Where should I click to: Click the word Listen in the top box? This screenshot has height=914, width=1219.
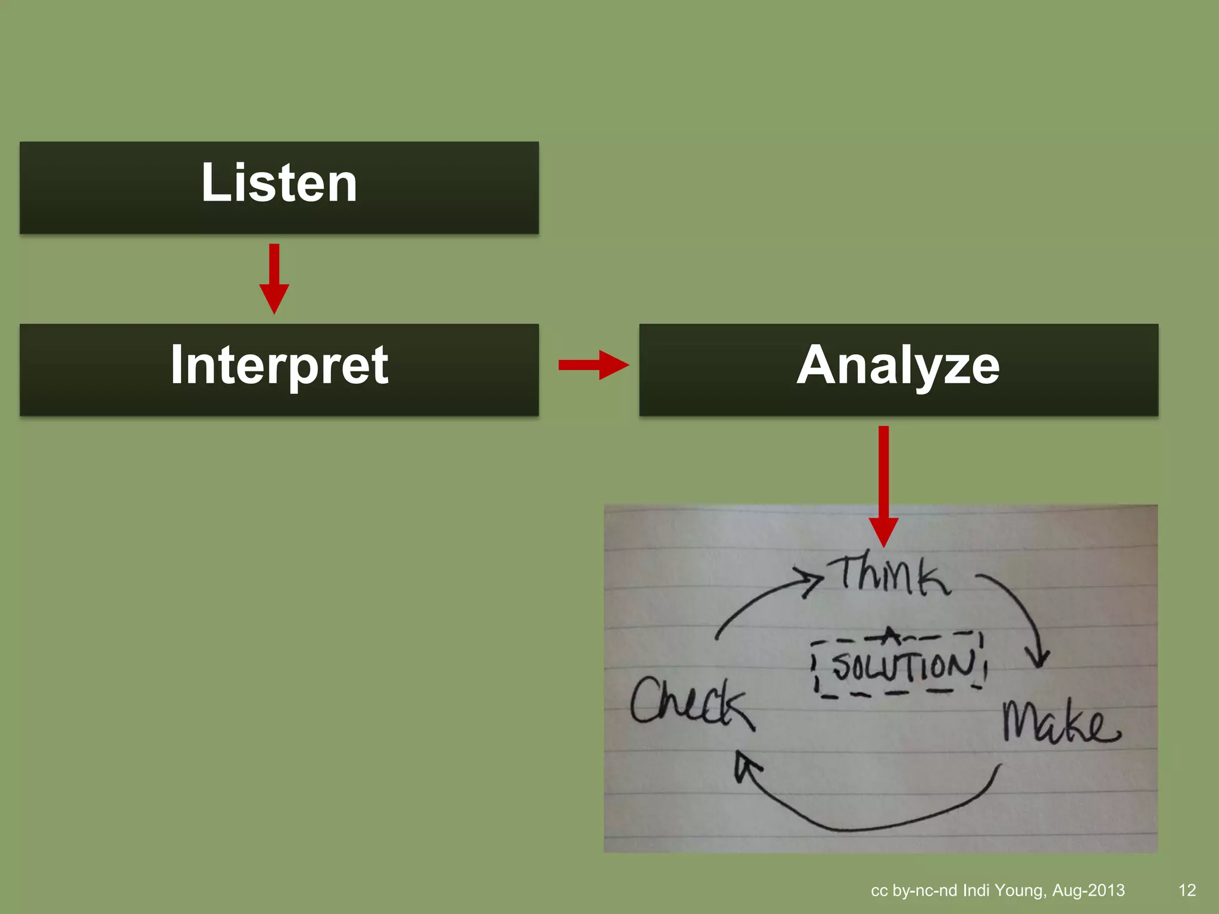pyautogui.click(x=279, y=183)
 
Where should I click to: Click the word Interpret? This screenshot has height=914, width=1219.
pyautogui.click(x=279, y=365)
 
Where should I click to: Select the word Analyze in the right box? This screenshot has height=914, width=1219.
pyautogui.click(x=898, y=365)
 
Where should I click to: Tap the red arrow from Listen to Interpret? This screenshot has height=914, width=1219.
pyautogui.click(x=274, y=278)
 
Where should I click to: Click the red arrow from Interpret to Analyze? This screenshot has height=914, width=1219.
pyautogui.click(x=593, y=365)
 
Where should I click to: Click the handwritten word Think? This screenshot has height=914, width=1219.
pyautogui.click(x=893, y=575)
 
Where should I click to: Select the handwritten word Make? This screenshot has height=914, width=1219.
pyautogui.click(x=1059, y=723)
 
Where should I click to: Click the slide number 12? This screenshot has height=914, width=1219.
pyautogui.click(x=1187, y=890)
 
